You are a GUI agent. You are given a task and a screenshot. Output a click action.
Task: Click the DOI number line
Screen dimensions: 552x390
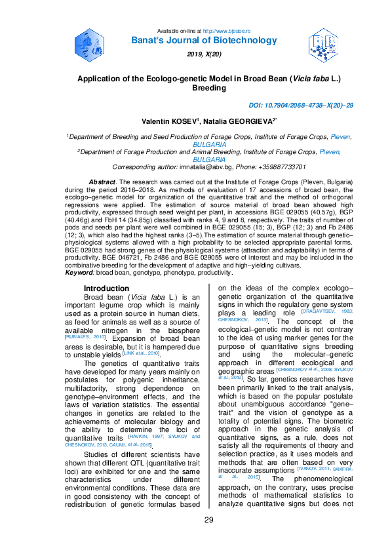[x=301, y=106]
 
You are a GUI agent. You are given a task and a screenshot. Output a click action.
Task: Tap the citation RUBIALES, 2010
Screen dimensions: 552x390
[x=87, y=336]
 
